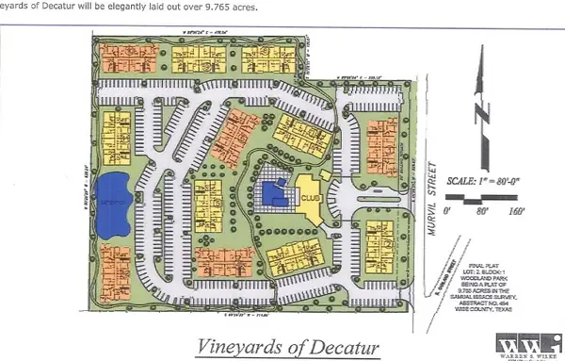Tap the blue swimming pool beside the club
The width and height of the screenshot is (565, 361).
pyautogui.click(x=275, y=193)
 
